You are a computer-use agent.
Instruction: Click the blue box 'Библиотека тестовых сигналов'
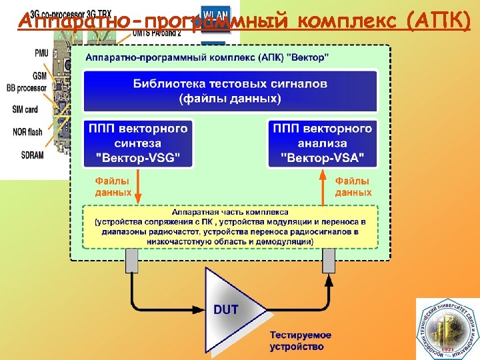click(x=230, y=91)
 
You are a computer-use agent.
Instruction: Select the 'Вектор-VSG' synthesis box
click(x=138, y=143)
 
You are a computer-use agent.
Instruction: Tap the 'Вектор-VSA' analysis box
click(x=323, y=143)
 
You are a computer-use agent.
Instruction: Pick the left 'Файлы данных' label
click(x=113, y=187)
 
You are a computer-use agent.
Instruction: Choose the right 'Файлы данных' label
click(x=353, y=187)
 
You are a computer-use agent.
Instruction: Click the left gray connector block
click(x=131, y=261)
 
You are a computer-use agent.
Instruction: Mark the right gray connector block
click(x=328, y=261)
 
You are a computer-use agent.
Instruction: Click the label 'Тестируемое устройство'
click(x=301, y=341)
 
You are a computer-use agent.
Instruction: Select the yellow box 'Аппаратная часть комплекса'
click(x=230, y=227)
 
